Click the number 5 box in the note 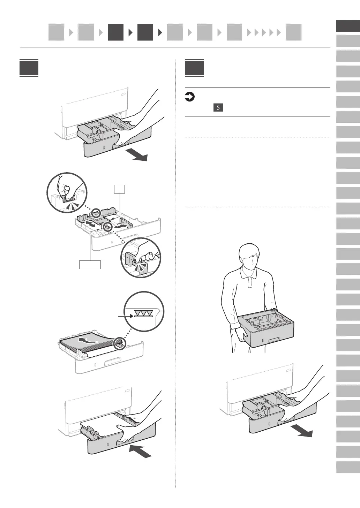[218, 107]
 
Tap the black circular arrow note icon [189, 97]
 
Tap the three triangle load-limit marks [143, 313]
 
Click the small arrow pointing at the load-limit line [125, 316]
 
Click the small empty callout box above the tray [119, 189]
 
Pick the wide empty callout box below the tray [90, 265]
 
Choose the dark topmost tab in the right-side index [348, 26]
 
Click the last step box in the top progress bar [293, 32]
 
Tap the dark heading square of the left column [29, 68]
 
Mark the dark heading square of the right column [194, 68]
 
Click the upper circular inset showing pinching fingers [67, 192]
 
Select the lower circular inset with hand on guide [141, 257]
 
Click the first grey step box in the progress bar [56, 32]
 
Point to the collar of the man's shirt [249, 274]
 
